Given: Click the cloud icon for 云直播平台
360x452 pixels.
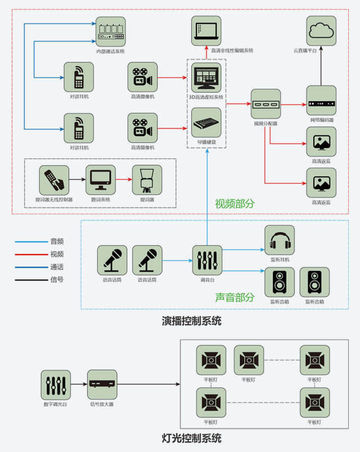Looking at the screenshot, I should (x=321, y=31).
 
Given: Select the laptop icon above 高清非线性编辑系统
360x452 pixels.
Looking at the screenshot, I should (x=206, y=31).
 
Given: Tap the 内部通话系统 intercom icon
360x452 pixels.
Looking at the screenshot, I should (x=110, y=31).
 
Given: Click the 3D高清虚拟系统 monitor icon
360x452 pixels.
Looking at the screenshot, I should (x=206, y=78).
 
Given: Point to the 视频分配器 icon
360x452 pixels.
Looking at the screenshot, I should (x=265, y=104).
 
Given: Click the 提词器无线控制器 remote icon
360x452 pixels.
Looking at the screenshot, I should (x=54, y=180).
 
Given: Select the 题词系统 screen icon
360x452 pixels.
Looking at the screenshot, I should (x=101, y=180).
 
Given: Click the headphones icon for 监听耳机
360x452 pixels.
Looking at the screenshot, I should (x=279, y=241).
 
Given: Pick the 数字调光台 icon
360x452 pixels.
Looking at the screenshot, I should (x=56, y=385).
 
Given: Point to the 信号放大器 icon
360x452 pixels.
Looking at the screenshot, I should (x=102, y=385).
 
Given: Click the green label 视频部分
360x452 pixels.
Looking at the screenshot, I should (x=234, y=204).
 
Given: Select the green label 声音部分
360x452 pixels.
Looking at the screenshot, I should (x=234, y=297).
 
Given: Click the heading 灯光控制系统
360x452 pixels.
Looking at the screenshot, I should (x=192, y=437).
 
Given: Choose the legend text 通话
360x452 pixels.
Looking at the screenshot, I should (x=57, y=266).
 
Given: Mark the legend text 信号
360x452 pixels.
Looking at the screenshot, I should (x=57, y=279).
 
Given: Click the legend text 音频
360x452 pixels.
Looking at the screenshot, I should (x=57, y=241).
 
